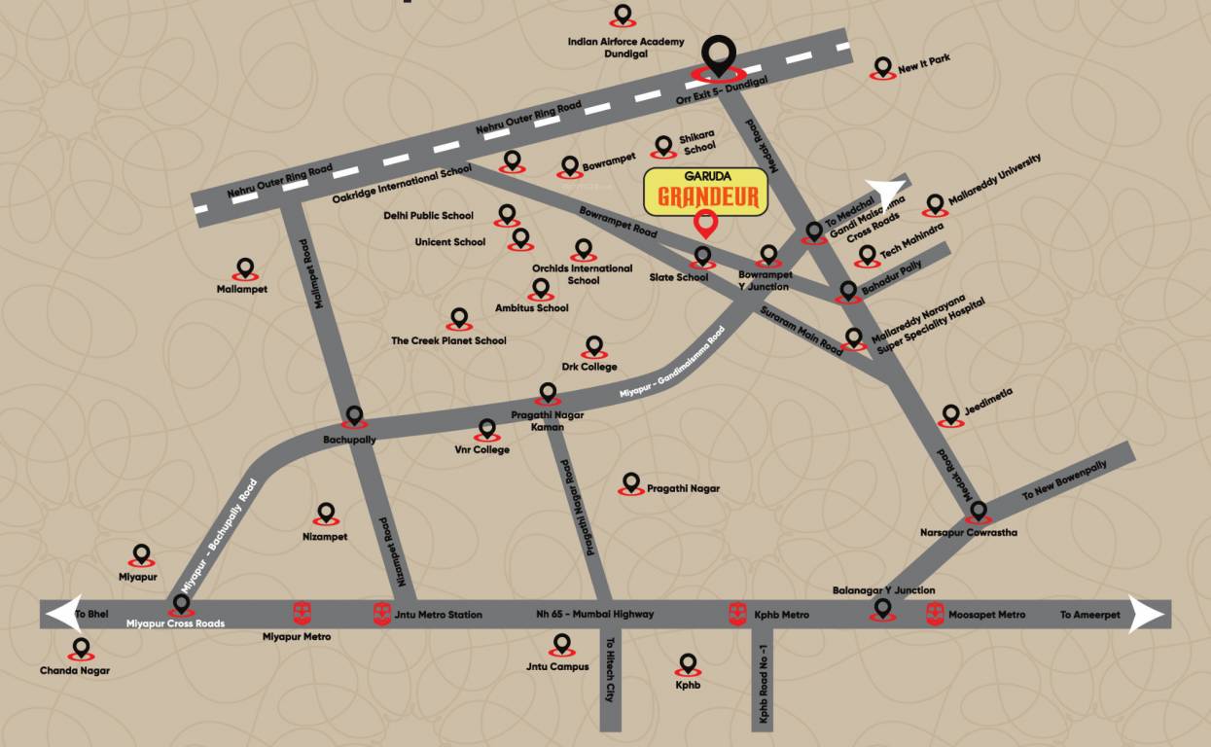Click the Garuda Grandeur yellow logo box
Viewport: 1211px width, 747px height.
coord(706,192)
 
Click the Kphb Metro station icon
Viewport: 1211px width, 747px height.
coord(738,614)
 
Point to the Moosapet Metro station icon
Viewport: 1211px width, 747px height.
coord(935,614)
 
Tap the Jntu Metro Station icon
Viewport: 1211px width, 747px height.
coord(382,614)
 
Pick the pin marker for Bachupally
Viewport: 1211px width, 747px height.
coord(354,417)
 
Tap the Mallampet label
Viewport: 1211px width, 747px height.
coord(242,289)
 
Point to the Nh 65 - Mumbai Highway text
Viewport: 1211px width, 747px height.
coord(594,614)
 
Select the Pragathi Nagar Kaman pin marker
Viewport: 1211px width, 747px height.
coord(548,393)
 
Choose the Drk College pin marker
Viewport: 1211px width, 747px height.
coord(593,347)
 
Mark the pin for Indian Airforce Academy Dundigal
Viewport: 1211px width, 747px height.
coord(623,16)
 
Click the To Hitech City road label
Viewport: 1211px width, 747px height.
coord(611,670)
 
